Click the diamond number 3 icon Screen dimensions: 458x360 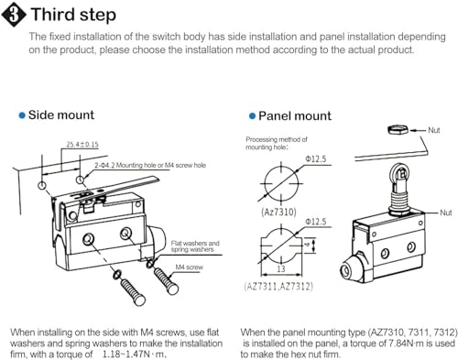(14, 15)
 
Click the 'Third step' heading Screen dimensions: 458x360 (73, 15)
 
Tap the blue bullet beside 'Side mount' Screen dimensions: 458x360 (22, 115)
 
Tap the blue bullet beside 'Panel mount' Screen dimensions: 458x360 (252, 116)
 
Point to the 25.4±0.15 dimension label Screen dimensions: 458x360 (82, 144)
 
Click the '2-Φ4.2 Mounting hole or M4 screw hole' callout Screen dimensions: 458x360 (150, 165)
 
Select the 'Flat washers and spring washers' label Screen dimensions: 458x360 (195, 246)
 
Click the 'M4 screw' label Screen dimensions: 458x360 (189, 267)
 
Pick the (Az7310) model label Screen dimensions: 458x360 (278, 212)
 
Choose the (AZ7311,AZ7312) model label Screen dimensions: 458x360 (278, 287)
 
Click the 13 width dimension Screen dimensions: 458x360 (281, 268)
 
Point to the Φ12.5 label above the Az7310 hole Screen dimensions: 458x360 (316, 159)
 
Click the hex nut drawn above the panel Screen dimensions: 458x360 (398, 130)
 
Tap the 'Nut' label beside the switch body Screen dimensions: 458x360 (446, 213)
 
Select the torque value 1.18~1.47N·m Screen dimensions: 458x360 (135, 355)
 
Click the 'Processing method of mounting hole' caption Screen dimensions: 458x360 (277, 143)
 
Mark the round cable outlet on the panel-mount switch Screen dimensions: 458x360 (346, 270)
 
